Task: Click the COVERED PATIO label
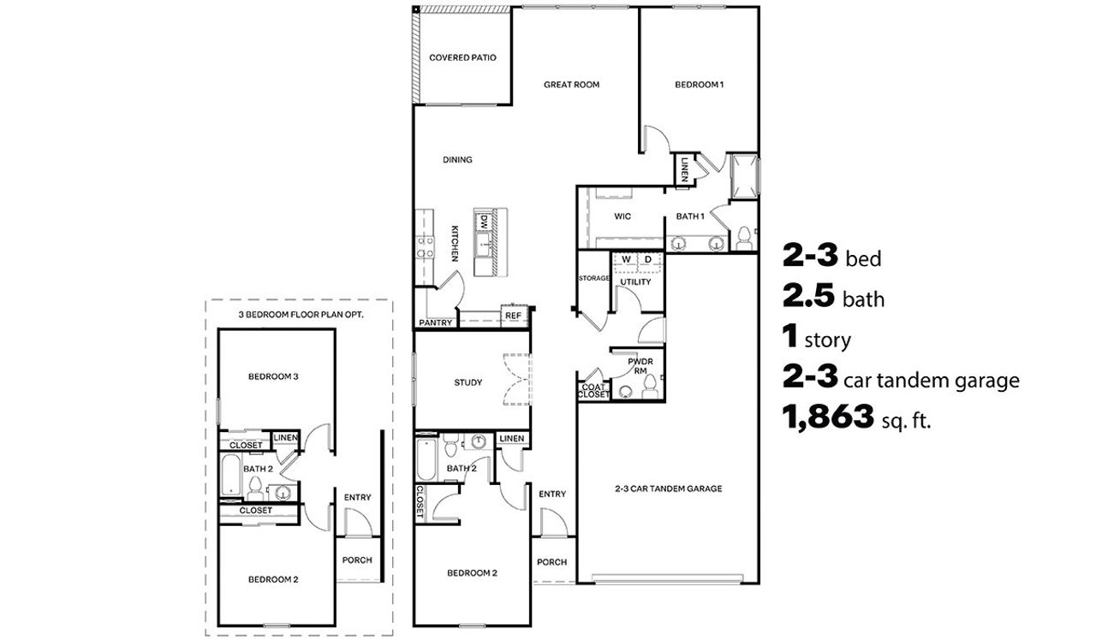click(x=462, y=58)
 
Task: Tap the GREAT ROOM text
click(x=571, y=85)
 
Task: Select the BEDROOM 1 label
click(x=700, y=85)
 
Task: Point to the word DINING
click(x=457, y=160)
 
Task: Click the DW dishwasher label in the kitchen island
click(x=484, y=221)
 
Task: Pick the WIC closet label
click(x=622, y=216)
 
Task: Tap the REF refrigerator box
click(x=513, y=316)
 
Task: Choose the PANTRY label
click(x=435, y=323)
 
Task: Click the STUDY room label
click(x=468, y=382)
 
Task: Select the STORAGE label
click(x=593, y=278)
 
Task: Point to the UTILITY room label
click(x=635, y=281)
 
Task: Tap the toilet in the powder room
click(x=650, y=390)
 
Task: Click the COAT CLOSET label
click(x=593, y=391)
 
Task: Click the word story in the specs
click(x=827, y=340)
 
